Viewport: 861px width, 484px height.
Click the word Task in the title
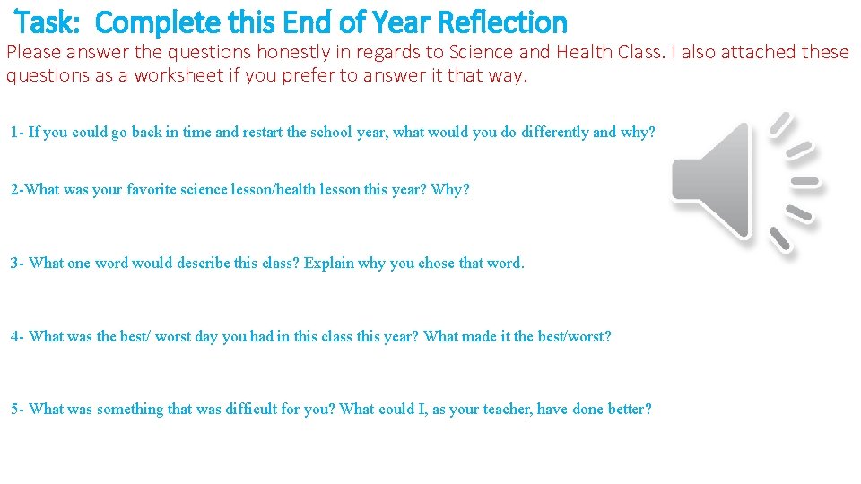[48, 22]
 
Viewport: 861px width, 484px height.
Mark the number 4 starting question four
[15, 337]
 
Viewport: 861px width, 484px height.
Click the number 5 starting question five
[15, 410]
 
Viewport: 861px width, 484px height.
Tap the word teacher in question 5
[502, 410]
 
